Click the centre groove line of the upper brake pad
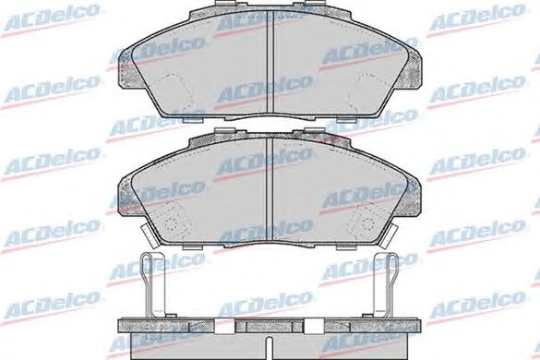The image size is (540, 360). click(270, 61)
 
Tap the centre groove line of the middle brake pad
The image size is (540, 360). click(270, 189)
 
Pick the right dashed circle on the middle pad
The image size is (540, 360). click(368, 224)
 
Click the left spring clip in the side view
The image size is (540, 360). click(153, 284)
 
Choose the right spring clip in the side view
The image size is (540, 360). click(385, 284)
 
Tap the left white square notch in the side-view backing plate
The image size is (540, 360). click(224, 326)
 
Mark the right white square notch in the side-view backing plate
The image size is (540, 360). click(315, 326)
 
